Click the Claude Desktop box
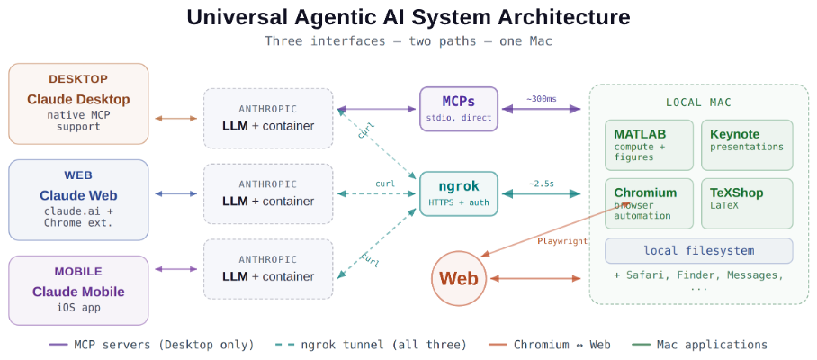(78, 103)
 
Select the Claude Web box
(78, 200)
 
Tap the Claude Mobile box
(78, 290)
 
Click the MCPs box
(459, 108)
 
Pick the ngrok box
(459, 193)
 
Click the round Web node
(460, 278)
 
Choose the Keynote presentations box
(747, 145)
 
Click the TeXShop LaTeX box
(747, 203)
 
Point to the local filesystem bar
(699, 250)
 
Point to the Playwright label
(562, 240)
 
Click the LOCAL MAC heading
(699, 103)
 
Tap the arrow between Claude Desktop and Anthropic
(175, 118)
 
